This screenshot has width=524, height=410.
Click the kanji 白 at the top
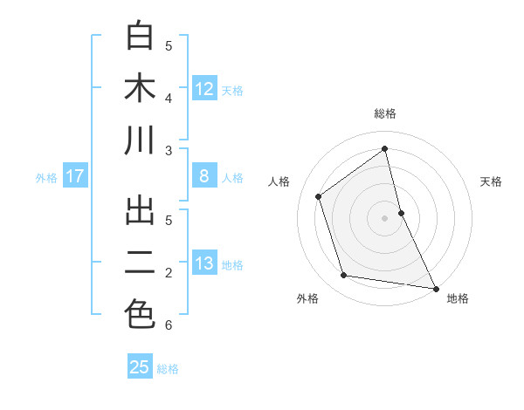(140, 37)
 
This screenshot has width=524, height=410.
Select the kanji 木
(140, 89)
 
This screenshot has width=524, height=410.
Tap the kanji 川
(140, 141)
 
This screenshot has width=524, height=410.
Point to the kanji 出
(140, 211)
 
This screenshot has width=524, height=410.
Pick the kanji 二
(140, 263)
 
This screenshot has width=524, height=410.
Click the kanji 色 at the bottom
(140, 315)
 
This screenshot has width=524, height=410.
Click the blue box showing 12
(204, 89)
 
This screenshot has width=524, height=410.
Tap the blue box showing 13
(204, 263)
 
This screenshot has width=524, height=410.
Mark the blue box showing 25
(140, 367)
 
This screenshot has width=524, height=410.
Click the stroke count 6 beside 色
(169, 326)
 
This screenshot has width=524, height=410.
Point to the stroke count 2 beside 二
(169, 273)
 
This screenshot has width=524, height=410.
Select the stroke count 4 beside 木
(169, 98)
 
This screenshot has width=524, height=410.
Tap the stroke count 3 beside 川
(169, 151)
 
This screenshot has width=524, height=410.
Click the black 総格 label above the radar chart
(385, 113)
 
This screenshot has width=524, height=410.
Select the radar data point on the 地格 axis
(435, 288)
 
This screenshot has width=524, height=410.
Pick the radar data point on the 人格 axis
(319, 196)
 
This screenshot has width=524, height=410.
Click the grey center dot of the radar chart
(385, 217)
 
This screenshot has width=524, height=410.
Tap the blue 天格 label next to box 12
(232, 91)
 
